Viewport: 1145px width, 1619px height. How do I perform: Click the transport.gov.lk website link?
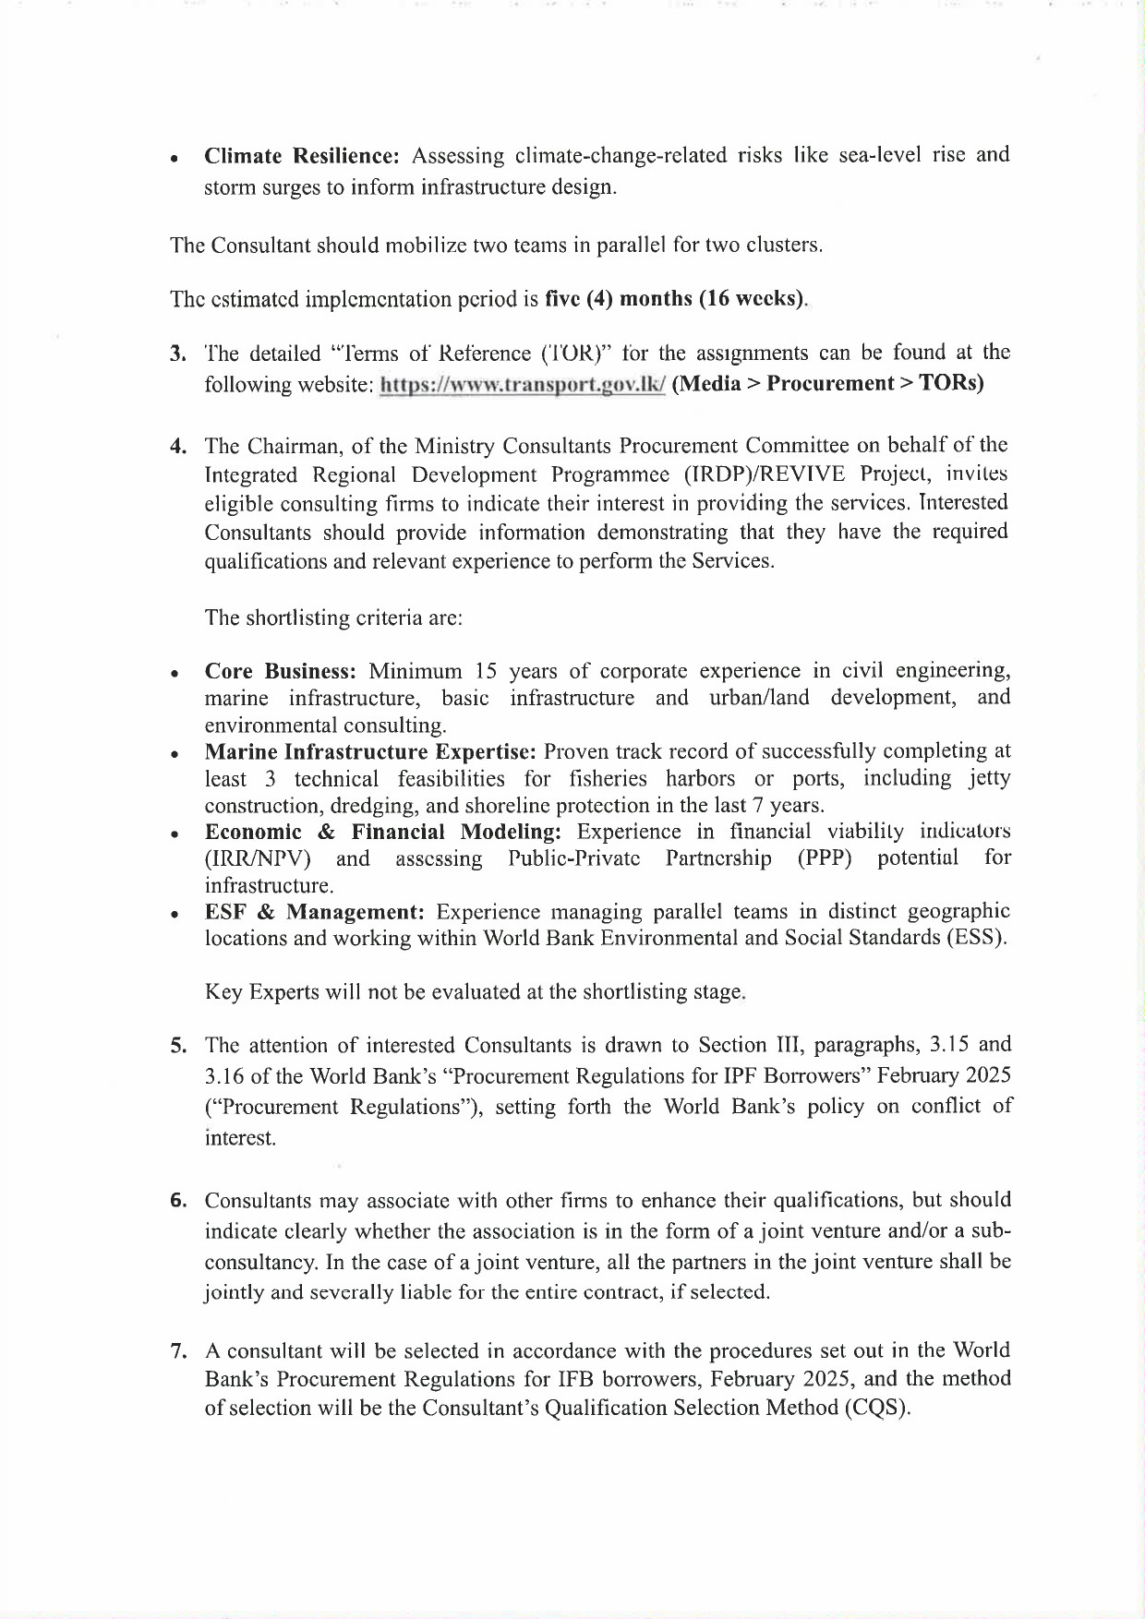pos(523,385)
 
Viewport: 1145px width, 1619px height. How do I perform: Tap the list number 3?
pos(176,354)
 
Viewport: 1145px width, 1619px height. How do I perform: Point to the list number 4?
pos(177,447)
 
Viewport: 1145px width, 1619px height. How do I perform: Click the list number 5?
pos(177,1046)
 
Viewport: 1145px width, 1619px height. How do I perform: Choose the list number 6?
pos(177,1201)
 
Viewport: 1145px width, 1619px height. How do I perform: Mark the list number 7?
pos(177,1351)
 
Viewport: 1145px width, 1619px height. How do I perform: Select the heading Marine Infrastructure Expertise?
pos(370,751)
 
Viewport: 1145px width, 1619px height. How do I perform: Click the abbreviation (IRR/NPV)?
pos(258,859)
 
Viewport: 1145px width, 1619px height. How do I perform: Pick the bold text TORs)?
pos(951,384)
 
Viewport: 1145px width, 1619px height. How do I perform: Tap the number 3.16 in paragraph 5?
pos(224,1076)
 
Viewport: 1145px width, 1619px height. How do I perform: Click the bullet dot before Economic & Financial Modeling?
pos(175,834)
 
